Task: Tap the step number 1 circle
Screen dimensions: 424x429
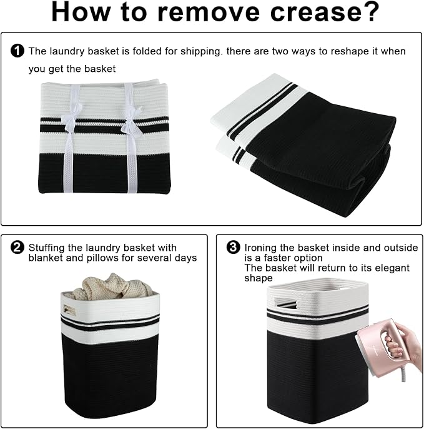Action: coord(17,51)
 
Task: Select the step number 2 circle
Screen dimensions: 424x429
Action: coord(17,248)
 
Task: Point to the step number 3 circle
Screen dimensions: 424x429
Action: coord(234,248)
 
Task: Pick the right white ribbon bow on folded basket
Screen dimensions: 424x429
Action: coord(132,122)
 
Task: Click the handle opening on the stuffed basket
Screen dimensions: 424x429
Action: coord(69,311)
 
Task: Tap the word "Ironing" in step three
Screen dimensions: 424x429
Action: coord(260,248)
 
